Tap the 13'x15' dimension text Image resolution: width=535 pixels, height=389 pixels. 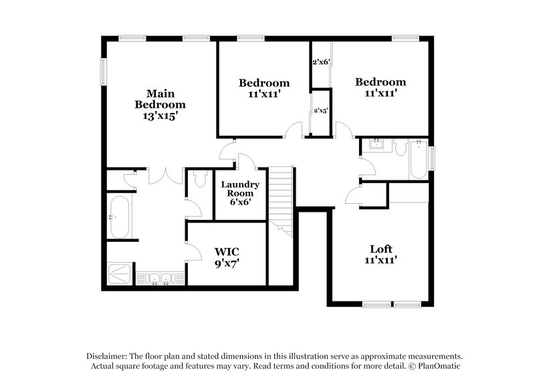tap(160, 116)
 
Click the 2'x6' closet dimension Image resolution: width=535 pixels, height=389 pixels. tap(322, 62)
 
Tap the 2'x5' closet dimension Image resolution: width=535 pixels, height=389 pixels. tap(322, 112)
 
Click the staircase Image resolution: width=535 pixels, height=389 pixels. tap(281, 199)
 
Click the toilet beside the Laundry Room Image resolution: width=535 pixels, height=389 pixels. tap(199, 179)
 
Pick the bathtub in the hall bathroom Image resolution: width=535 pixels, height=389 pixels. tap(418, 159)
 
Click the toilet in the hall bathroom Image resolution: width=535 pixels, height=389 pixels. tap(399, 148)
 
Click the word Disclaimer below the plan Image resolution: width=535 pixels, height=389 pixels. tap(109, 356)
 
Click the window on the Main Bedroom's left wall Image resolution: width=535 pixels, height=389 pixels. tap(103, 74)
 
